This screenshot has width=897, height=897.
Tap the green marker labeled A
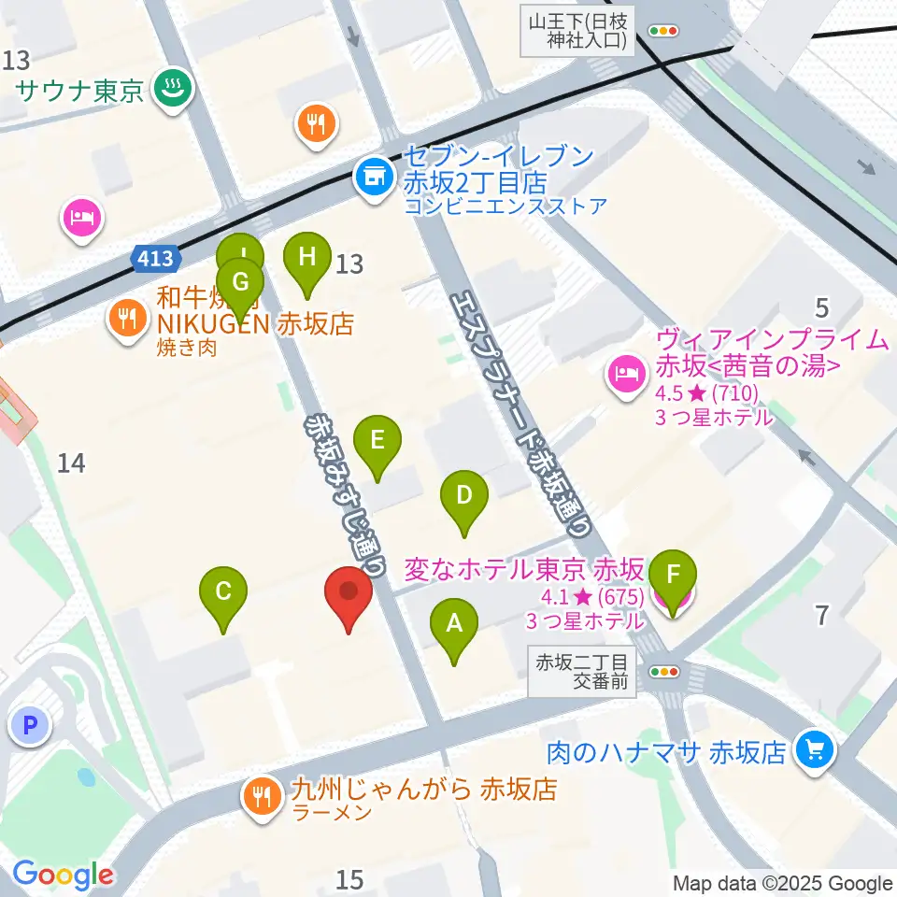454,624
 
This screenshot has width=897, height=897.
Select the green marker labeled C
223,592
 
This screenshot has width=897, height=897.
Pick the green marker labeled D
464,495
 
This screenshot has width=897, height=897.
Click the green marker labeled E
377,440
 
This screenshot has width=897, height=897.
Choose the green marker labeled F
675,574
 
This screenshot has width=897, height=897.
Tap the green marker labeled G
240,282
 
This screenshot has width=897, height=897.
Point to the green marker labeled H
307,256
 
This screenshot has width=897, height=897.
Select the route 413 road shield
152,259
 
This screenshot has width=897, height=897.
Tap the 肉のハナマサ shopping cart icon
814,748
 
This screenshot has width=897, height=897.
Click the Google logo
63,875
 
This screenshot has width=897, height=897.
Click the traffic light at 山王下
663,31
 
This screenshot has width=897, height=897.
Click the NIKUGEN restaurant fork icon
127,319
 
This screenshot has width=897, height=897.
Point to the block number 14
72,462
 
